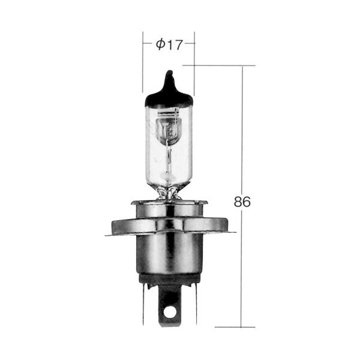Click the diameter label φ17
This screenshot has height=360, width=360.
point(169,44)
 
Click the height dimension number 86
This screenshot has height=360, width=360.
point(242,202)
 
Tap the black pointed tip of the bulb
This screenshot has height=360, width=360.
point(169,74)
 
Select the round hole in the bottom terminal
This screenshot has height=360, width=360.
point(169,314)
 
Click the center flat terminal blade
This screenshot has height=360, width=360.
point(169,305)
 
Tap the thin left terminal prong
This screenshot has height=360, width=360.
point(143,304)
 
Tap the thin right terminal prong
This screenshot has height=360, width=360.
point(196,304)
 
